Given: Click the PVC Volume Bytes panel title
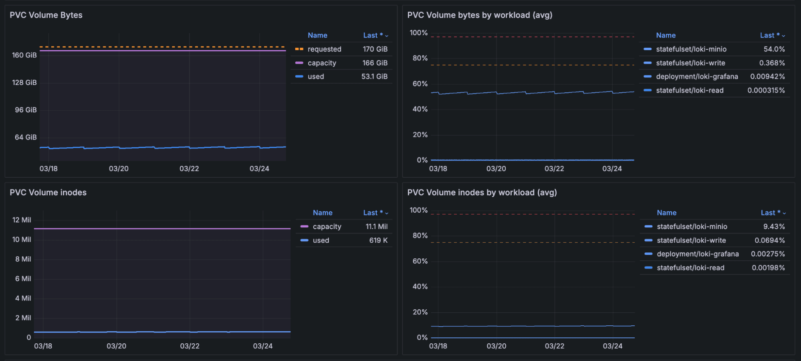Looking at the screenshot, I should [x=46, y=15].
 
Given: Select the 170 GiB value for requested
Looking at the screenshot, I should [x=375, y=49].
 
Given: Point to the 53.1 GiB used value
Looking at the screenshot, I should [x=374, y=77].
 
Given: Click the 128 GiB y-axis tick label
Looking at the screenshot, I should [x=24, y=83].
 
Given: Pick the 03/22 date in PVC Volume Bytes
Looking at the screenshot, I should [x=189, y=169].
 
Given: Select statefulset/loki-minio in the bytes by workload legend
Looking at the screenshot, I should [x=691, y=49].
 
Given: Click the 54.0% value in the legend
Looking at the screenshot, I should [x=774, y=49].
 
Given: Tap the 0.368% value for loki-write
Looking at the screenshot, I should [x=772, y=63].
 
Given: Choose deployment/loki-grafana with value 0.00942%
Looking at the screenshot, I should [x=697, y=77].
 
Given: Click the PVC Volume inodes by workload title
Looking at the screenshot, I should [x=482, y=193].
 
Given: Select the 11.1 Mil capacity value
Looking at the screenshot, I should [x=376, y=227].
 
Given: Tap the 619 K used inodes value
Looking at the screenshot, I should [x=378, y=240].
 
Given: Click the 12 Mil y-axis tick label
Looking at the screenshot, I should [x=22, y=220].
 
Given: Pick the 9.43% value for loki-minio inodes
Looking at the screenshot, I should [x=774, y=227].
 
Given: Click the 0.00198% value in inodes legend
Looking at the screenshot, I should [x=768, y=268].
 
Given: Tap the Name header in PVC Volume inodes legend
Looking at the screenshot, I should [x=323, y=213].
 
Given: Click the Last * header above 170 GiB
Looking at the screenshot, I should [x=373, y=36].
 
